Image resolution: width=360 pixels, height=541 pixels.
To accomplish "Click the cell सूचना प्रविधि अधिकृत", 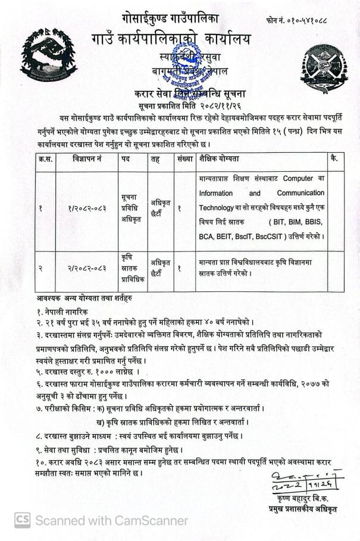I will click(132, 208).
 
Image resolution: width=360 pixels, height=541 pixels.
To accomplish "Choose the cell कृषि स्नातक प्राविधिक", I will click(132, 267).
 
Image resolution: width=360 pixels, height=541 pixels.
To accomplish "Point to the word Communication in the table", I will click(300, 193).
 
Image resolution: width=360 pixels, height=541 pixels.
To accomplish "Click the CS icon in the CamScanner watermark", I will click(23, 520).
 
